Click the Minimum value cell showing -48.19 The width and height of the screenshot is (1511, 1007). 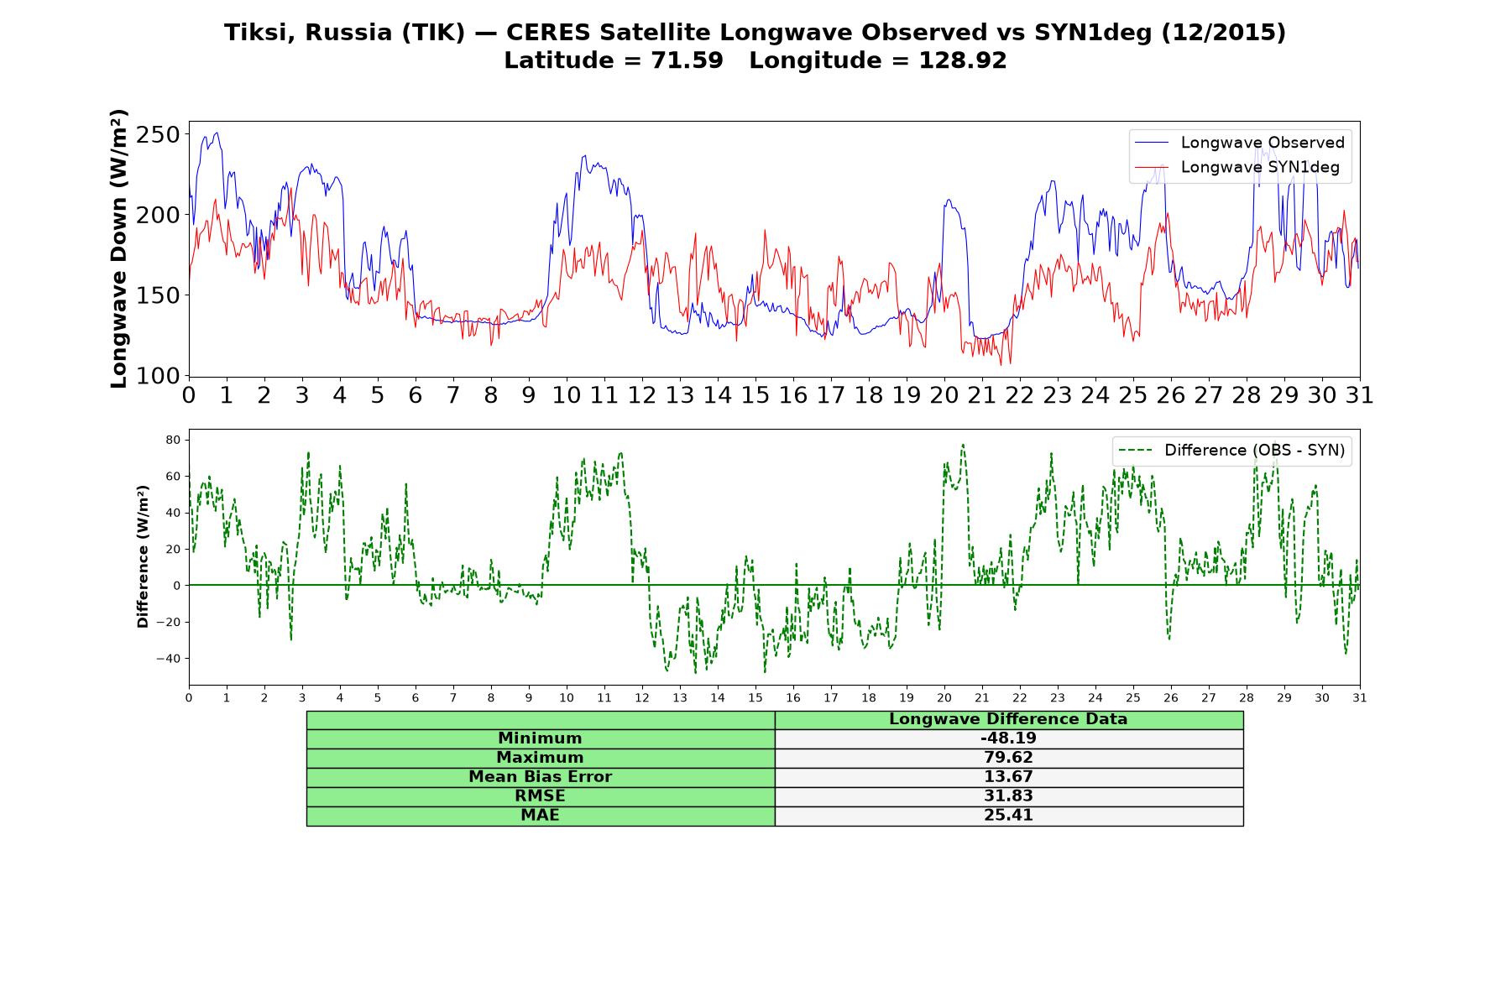(x=1008, y=738)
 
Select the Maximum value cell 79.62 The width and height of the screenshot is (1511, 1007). (x=1008, y=758)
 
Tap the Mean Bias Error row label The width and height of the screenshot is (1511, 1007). (x=540, y=777)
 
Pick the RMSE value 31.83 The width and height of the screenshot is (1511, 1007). (x=1008, y=796)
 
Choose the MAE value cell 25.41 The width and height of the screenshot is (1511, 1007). (x=1008, y=816)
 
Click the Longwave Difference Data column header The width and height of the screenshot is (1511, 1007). (x=1008, y=719)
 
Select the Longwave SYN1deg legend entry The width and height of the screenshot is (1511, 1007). (x=1237, y=167)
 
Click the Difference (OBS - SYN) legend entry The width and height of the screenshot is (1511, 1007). (x=1232, y=451)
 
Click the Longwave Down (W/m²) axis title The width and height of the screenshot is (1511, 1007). (x=118, y=248)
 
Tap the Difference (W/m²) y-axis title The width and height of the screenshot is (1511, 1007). (x=143, y=556)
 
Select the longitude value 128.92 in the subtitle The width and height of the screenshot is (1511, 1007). (x=963, y=60)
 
